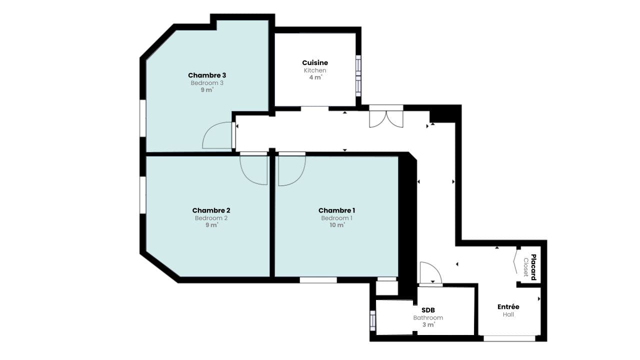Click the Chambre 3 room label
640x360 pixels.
point(207,75)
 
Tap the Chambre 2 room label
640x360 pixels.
point(211,210)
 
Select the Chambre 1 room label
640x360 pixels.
point(336,210)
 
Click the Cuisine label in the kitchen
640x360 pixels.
point(315,62)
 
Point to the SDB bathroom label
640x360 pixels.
point(428,310)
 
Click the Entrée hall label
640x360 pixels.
point(508,306)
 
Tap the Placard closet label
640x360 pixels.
point(533,267)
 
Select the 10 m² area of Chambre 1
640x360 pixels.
point(336,225)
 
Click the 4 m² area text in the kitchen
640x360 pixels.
point(315,77)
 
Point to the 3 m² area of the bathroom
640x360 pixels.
point(428,324)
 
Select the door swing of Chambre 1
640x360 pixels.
point(291,169)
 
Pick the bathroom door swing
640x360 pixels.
point(430,273)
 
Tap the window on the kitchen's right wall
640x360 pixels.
point(358,75)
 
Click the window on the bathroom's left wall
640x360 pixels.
point(372,320)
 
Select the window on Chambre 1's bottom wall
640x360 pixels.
point(318,280)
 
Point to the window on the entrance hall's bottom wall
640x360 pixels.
point(509,338)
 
